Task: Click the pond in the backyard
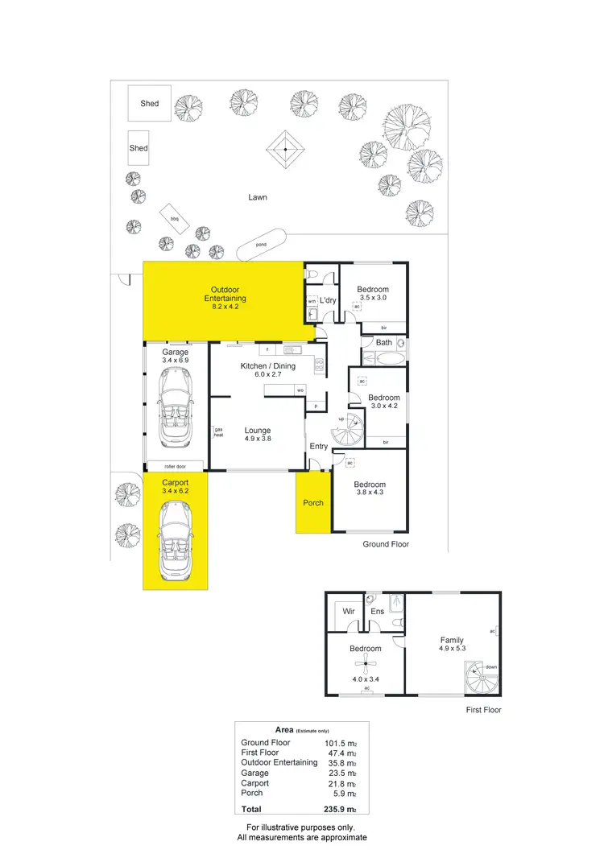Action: [261, 244]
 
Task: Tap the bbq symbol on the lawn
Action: [173, 218]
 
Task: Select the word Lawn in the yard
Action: [258, 197]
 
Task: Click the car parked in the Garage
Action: [176, 410]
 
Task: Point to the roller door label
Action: [176, 466]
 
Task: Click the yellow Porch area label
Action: [313, 503]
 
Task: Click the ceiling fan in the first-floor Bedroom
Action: [366, 664]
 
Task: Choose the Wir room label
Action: [350, 612]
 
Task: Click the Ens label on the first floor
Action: [377, 612]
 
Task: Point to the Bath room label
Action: [384, 343]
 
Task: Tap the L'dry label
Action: [328, 301]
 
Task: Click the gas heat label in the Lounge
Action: [217, 432]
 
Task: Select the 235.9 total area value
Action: [337, 809]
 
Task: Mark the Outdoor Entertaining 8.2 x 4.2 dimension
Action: [225, 307]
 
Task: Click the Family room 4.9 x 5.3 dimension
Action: [452, 650]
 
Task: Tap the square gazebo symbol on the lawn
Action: [285, 148]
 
